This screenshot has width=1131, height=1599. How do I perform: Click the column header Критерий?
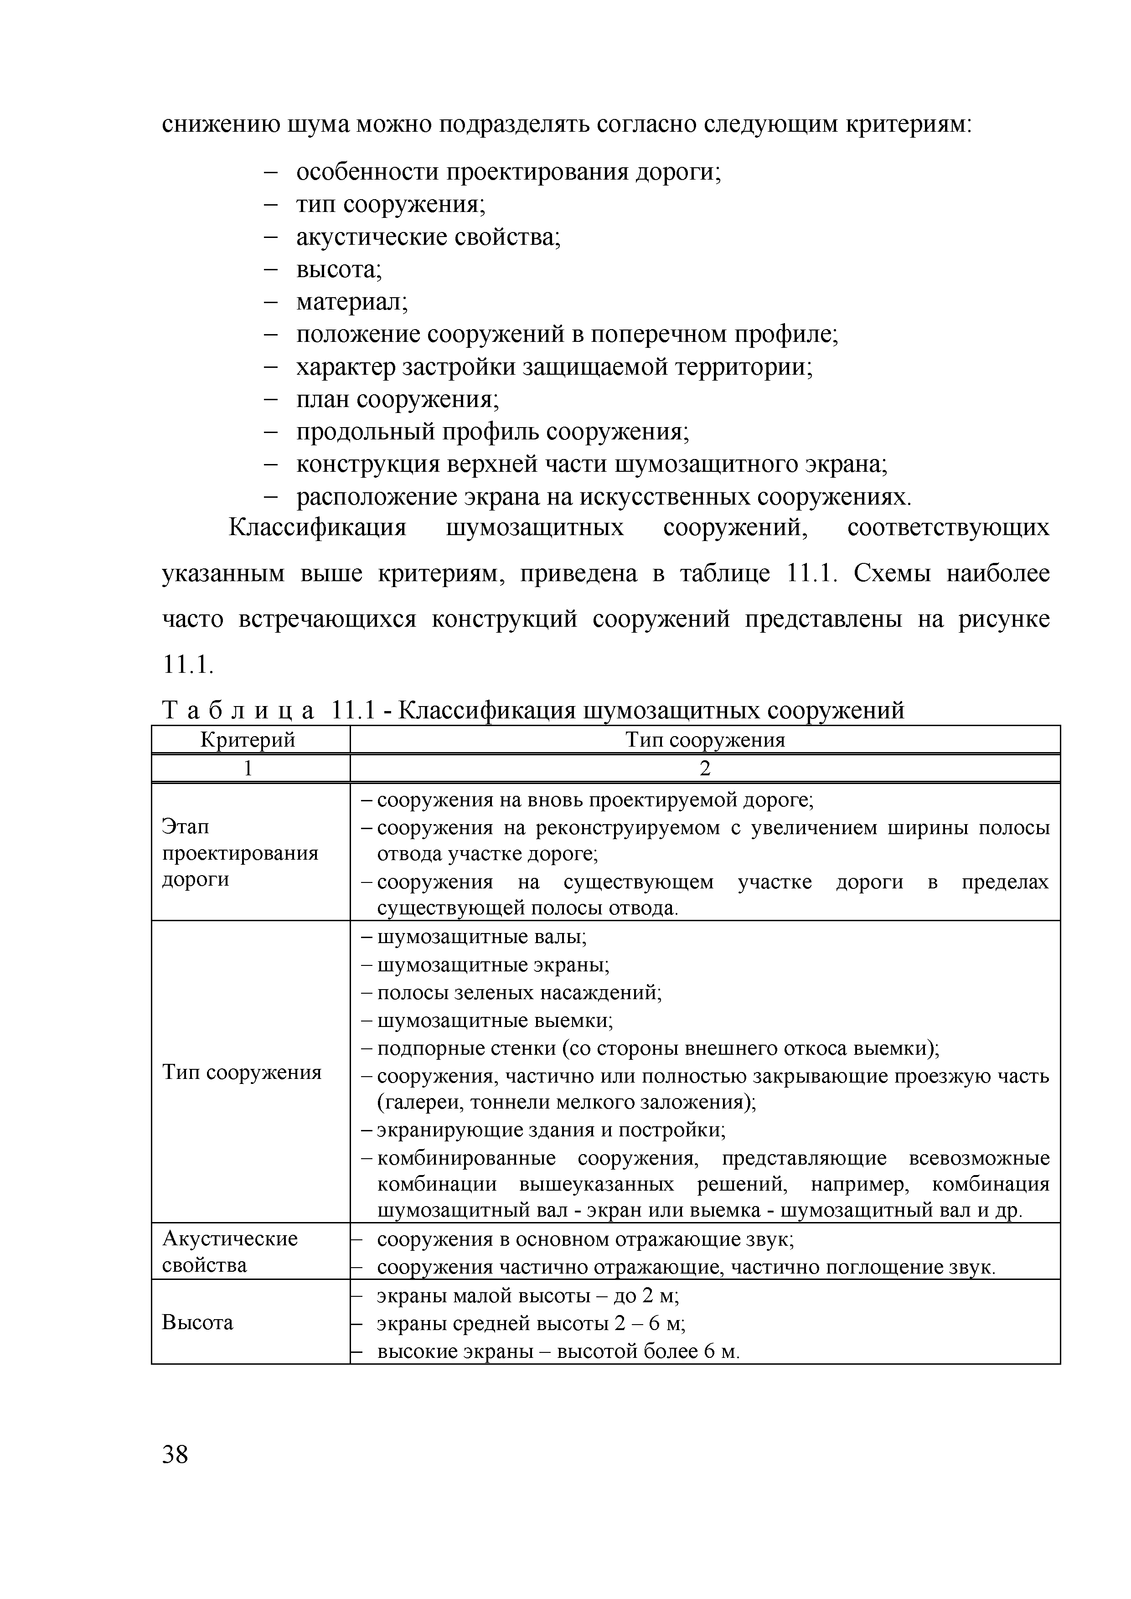click(x=248, y=740)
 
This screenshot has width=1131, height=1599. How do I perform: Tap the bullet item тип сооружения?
click(x=391, y=205)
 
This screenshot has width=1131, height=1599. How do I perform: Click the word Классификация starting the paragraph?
click(x=318, y=527)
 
